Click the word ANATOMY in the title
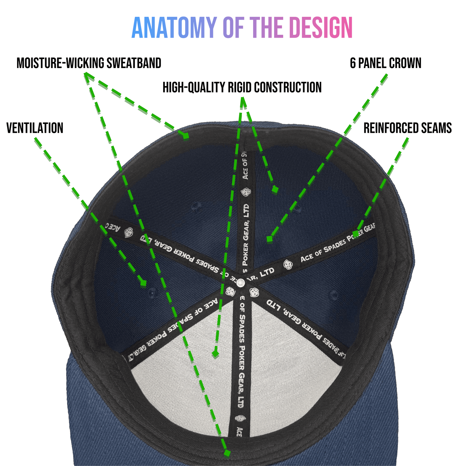tap(174, 28)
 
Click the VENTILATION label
tap(35, 128)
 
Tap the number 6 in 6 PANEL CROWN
tap(353, 64)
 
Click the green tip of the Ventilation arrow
tap(143, 283)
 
